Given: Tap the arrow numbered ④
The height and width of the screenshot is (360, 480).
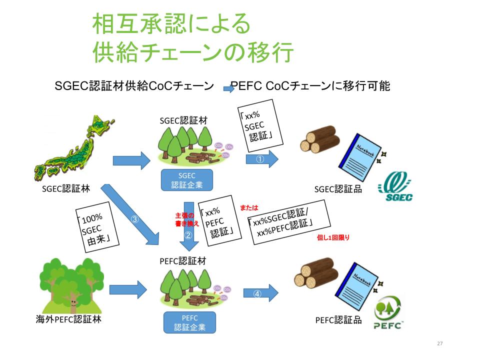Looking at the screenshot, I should [x=260, y=293].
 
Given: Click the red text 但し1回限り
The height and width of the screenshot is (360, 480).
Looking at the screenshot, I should [x=333, y=238].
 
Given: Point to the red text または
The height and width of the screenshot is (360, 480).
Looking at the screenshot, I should [x=249, y=207].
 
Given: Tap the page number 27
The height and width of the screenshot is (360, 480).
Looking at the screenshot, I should [x=440, y=343].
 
